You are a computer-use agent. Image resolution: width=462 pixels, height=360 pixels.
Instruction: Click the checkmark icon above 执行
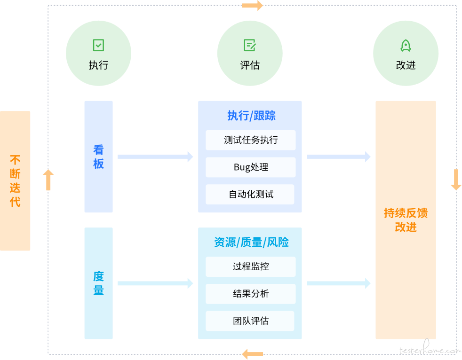pyautogui.click(x=98, y=46)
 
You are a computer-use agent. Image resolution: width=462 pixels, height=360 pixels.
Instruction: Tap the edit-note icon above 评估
pyautogui.click(x=250, y=46)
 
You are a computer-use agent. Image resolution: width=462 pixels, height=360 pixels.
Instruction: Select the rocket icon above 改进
pyautogui.click(x=406, y=46)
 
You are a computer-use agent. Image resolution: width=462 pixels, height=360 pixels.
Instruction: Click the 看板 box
pyautogui.click(x=98, y=157)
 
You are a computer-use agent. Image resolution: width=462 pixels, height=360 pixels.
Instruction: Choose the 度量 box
pyautogui.click(x=98, y=283)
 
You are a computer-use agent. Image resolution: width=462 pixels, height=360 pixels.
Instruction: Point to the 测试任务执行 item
pyautogui.click(x=251, y=140)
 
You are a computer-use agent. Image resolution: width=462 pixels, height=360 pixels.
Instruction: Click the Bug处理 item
pyautogui.click(x=251, y=167)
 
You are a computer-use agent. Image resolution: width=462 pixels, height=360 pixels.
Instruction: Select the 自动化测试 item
pyautogui.click(x=251, y=195)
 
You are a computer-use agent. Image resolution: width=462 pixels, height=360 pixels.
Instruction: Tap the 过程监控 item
pyautogui.click(x=251, y=266)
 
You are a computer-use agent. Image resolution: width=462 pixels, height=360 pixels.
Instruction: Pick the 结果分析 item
pyautogui.click(x=251, y=294)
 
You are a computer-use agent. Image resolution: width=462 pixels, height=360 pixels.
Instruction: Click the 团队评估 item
pyautogui.click(x=251, y=321)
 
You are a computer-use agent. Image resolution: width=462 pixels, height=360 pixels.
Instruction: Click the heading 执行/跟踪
pyautogui.click(x=251, y=116)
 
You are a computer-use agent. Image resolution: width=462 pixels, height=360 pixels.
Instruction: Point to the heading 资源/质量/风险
pyautogui.click(x=251, y=243)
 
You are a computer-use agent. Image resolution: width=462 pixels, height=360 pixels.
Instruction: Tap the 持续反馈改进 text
pyautogui.click(x=406, y=220)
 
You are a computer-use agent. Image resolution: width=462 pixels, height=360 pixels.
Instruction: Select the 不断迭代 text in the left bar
pyautogui.click(x=15, y=181)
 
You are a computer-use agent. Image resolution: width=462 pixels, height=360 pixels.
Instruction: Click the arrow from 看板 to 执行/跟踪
pyautogui.click(x=155, y=157)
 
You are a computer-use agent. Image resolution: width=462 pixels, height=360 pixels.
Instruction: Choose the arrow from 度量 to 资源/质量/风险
pyautogui.click(x=155, y=283)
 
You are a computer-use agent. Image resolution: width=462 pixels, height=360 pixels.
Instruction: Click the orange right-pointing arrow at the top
pyautogui.click(x=253, y=6)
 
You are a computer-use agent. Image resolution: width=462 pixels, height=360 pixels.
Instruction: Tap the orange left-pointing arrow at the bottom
pyautogui.click(x=252, y=354)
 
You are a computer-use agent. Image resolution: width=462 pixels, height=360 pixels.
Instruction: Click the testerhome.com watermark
pyautogui.click(x=429, y=350)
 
